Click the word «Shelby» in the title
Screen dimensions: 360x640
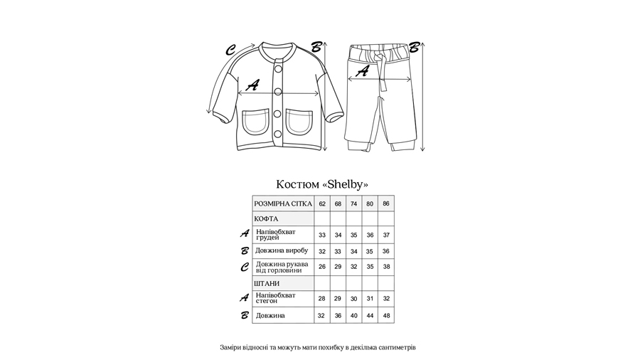tap(346, 184)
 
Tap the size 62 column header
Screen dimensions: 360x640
tap(322, 203)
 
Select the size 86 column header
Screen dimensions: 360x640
tap(386, 203)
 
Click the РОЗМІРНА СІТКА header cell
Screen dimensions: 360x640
tap(283, 203)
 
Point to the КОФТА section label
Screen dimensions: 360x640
tap(267, 219)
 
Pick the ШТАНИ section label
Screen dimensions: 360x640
tap(267, 284)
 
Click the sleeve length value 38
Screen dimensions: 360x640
tap(386, 267)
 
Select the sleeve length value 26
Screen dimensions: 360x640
tap(322, 267)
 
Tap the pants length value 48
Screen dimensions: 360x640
tap(386, 315)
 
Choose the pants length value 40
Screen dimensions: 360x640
tap(354, 315)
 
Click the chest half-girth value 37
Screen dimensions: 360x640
tap(386, 235)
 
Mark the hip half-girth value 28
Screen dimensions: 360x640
tap(322, 299)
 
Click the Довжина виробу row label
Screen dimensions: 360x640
tap(282, 250)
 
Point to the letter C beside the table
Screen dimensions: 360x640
tap(244, 268)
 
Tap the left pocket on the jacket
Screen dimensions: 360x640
tap(255, 122)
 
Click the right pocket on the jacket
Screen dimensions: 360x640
tap(299, 122)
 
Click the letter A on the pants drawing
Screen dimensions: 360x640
tap(362, 70)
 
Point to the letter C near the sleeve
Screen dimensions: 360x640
tap(230, 51)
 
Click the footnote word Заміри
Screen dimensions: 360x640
tap(232, 348)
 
